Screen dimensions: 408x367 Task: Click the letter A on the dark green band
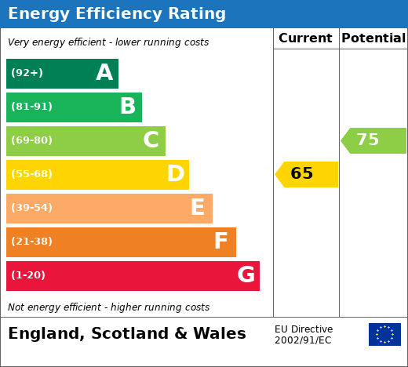click(x=104, y=72)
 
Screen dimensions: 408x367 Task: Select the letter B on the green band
click(x=128, y=106)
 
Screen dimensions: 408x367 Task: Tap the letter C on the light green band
click(x=151, y=140)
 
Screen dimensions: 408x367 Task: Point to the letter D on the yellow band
click(x=176, y=173)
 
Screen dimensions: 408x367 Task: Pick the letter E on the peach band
click(x=198, y=207)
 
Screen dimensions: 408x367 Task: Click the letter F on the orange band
click(x=221, y=241)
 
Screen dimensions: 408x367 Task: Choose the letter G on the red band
click(x=246, y=274)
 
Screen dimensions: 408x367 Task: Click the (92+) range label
click(x=27, y=73)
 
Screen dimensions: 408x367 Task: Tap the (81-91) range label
click(x=31, y=107)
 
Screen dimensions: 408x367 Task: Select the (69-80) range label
click(x=31, y=140)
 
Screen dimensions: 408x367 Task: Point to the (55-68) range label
click(x=31, y=174)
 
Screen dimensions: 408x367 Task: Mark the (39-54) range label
click(x=31, y=208)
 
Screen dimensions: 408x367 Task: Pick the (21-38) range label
click(x=31, y=242)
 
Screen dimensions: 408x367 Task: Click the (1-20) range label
click(x=28, y=275)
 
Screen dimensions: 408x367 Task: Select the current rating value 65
click(x=302, y=173)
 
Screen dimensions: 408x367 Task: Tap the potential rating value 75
click(x=368, y=140)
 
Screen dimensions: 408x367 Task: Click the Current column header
click(x=305, y=38)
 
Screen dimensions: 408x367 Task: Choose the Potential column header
click(x=373, y=38)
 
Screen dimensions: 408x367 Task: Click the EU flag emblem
click(x=384, y=334)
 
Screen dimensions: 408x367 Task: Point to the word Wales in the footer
click(x=220, y=333)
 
